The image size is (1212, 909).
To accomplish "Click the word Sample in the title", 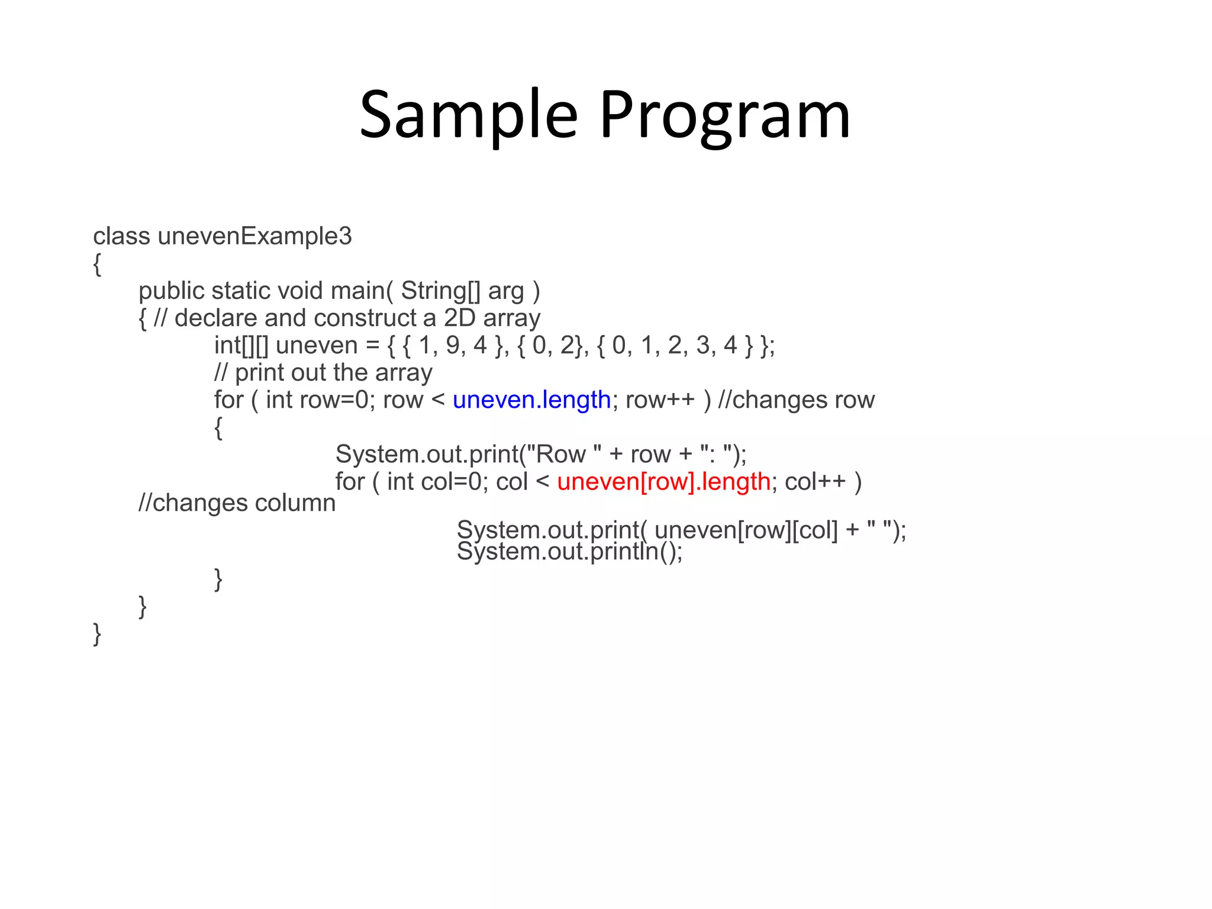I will (x=468, y=115).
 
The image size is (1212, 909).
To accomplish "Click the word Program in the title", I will (x=725, y=115).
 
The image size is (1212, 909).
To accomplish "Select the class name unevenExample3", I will (x=254, y=237).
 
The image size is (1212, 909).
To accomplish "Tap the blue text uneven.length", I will (x=531, y=400).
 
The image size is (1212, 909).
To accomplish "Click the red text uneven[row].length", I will (x=663, y=482).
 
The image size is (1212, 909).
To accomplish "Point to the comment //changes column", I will (x=237, y=503).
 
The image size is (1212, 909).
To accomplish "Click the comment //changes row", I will (x=796, y=400).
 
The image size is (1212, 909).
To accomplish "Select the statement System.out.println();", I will (x=569, y=552).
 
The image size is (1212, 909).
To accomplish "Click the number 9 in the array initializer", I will (x=453, y=345).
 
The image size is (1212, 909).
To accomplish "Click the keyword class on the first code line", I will (x=121, y=237).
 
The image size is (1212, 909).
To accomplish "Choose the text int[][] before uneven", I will (x=241, y=346).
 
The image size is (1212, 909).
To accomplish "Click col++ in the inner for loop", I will (x=815, y=482).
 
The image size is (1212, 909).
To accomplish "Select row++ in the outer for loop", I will (x=659, y=400).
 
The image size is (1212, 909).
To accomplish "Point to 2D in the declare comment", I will (x=460, y=318).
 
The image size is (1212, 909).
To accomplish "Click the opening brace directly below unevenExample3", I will (x=97, y=264).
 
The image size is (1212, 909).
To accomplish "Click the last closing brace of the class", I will (x=97, y=634).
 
